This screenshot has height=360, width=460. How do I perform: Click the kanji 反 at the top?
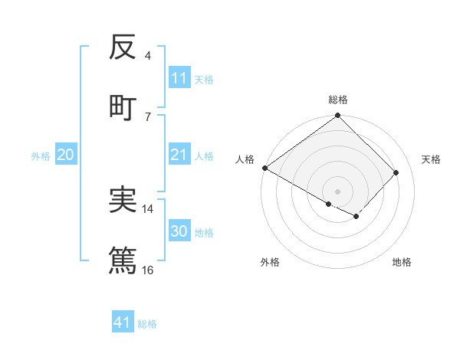pos(123,47)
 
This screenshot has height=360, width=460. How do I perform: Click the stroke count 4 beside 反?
pos(147,56)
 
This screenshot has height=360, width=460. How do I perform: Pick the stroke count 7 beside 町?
pos(147,116)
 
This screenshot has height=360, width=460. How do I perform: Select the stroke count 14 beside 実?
pos(148,208)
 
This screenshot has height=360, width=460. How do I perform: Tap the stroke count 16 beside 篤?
pos(148,270)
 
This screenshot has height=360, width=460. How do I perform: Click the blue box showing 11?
pos(179,78)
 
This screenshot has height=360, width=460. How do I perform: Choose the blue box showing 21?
pos(179,155)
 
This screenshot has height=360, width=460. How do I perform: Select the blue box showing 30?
pos(179,232)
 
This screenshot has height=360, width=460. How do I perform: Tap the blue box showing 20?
pos(66,155)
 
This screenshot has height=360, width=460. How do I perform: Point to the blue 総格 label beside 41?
pos(147,324)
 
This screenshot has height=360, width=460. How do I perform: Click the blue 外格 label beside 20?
pos(41,156)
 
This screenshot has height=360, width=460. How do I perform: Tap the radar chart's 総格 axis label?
pos(337,100)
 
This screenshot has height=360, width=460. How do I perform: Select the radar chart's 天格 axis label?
pos(431,159)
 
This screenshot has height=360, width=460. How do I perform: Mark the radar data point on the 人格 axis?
pos(264,168)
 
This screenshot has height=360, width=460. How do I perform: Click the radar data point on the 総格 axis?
pos(337,116)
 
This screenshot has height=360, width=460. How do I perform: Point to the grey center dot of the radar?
pos(337,191)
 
